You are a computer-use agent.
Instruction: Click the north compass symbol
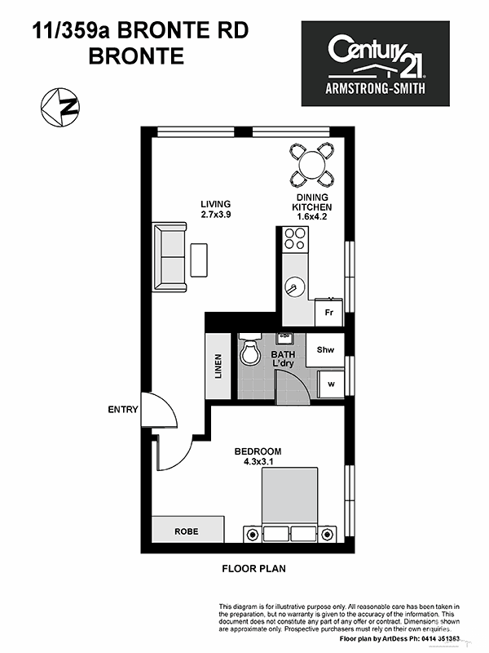[x=60, y=107]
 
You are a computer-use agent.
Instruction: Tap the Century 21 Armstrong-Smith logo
[x=375, y=64]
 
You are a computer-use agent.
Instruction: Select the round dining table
[x=312, y=165]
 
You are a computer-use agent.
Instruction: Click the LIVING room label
[x=215, y=204]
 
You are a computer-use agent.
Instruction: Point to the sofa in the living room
[x=170, y=257]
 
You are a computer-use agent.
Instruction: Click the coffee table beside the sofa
[x=199, y=260]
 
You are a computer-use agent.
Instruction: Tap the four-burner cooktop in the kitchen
[x=295, y=239]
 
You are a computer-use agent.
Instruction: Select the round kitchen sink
[x=295, y=287]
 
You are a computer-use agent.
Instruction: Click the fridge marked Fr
[x=329, y=313]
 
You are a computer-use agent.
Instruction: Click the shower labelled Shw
[x=325, y=350]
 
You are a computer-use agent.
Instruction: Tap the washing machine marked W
[x=331, y=384]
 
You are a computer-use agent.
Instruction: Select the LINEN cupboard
[x=218, y=366]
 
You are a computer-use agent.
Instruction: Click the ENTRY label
[x=123, y=410]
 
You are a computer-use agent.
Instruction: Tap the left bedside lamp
[x=253, y=535]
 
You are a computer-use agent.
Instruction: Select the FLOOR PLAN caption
[x=254, y=568]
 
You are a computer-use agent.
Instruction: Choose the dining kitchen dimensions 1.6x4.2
[x=312, y=216]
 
